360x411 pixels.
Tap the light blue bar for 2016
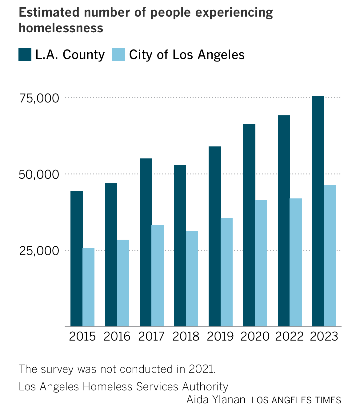pyautogui.click(x=123, y=283)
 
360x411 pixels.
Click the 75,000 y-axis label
pyautogui.click(x=39, y=98)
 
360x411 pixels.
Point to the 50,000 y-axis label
pyautogui.click(x=39, y=175)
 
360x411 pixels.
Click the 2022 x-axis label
pyautogui.click(x=289, y=337)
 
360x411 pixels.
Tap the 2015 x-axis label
pyautogui.click(x=82, y=337)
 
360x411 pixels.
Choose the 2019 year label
pyautogui.click(x=220, y=337)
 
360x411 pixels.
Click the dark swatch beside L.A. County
pyautogui.click(x=25, y=54)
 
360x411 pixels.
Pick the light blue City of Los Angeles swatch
pyautogui.click(x=119, y=54)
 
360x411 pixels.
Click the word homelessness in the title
pyautogui.click(x=61, y=28)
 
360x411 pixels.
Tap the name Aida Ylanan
pyautogui.click(x=216, y=400)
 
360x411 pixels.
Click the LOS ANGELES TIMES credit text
pyautogui.click(x=296, y=400)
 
